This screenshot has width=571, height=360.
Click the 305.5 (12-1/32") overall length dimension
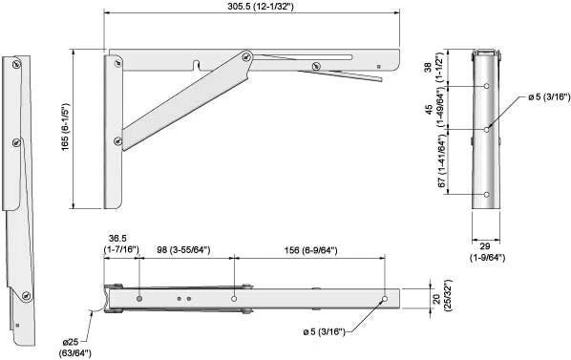pos(261,6)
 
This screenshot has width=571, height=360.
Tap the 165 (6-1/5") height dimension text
pos(65,127)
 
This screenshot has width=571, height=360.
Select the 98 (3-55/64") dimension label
pos(183,250)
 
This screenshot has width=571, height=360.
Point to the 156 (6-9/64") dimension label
pos(310,250)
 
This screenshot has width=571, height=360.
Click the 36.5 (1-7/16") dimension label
pos(121,244)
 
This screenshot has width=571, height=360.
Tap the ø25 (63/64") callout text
pos(75,348)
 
